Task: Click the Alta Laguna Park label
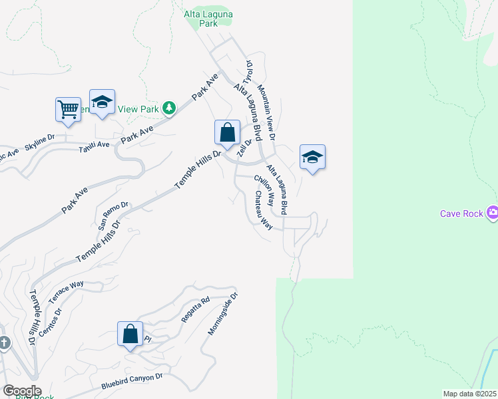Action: coord(209,18)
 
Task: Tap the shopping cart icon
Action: coord(69,109)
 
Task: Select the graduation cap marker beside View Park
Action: coord(102,102)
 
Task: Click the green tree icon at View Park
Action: coord(169,108)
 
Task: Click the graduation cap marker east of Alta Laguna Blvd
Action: coord(312,158)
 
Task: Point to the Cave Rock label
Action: coord(462,213)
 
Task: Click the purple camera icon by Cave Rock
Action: coord(492,213)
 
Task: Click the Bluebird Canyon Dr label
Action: coord(132,381)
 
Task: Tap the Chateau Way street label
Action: coord(263,210)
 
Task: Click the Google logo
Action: coord(21,391)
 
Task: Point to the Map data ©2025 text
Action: coord(469,394)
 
